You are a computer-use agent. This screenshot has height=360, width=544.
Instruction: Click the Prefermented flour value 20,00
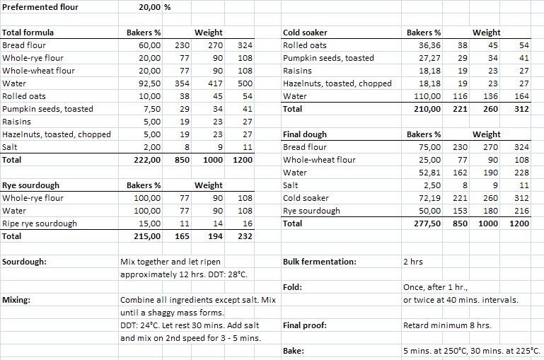click(x=151, y=8)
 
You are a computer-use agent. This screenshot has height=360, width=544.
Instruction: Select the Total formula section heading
click(x=28, y=33)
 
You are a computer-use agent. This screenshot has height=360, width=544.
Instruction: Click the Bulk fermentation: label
click(x=319, y=262)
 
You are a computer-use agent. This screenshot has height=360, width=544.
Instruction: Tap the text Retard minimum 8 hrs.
click(x=443, y=326)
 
